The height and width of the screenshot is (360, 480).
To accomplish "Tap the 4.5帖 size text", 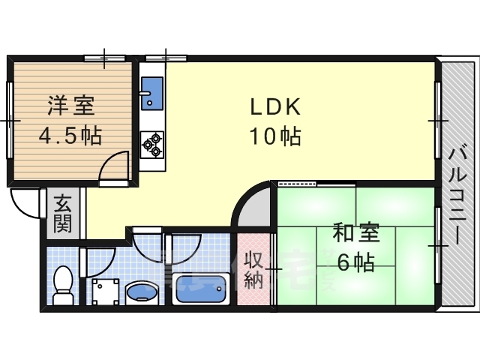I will point(70,136).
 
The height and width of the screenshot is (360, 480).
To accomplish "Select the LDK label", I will point(276,107).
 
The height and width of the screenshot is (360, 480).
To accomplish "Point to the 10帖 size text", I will point(276,137).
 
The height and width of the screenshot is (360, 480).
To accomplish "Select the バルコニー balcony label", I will point(457,195).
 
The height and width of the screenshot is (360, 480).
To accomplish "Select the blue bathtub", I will point(200,289).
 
